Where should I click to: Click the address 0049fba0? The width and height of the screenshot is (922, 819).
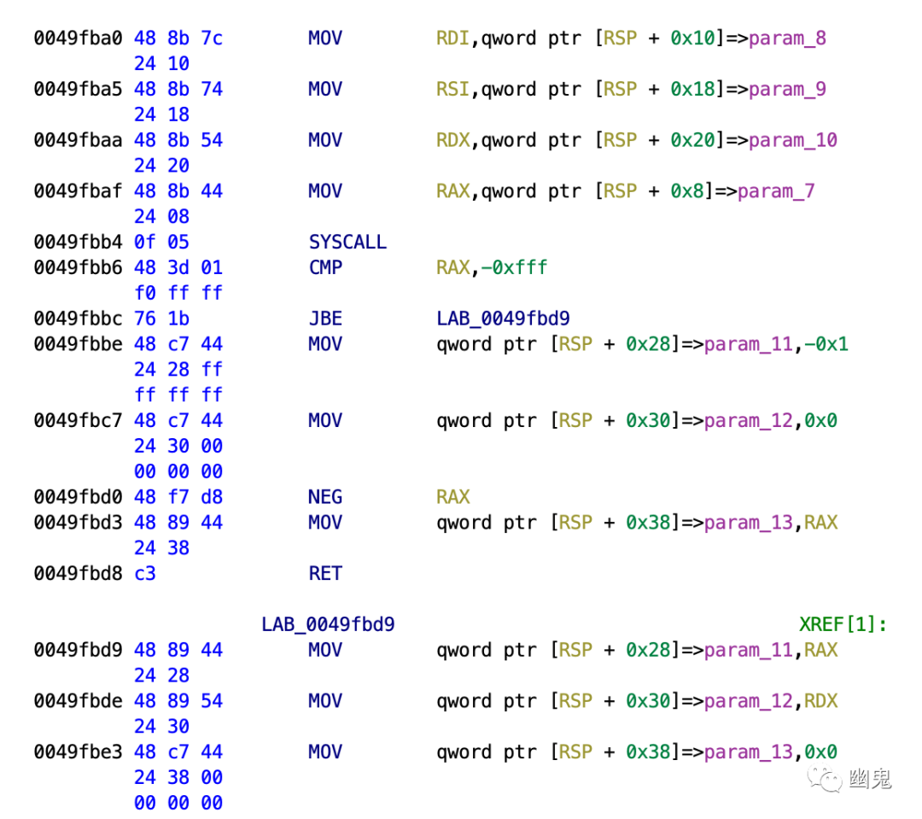pyautogui.click(x=79, y=38)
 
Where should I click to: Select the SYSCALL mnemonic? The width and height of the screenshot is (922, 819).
pyautogui.click(x=347, y=243)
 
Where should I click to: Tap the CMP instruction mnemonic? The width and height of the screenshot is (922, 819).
pyautogui.click(x=325, y=268)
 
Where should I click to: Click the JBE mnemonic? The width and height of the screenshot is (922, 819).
pyautogui.click(x=325, y=319)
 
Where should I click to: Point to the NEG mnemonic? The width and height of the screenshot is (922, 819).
pyautogui.click(x=325, y=497)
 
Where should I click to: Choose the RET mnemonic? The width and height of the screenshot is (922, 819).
pyautogui.click(x=325, y=574)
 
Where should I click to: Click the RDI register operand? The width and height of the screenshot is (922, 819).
pyautogui.click(x=452, y=38)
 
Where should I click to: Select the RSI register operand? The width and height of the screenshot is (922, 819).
pyautogui.click(x=452, y=90)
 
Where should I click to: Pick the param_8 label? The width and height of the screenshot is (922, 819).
pyautogui.click(x=787, y=38)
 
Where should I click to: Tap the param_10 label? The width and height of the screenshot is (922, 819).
pyautogui.click(x=793, y=141)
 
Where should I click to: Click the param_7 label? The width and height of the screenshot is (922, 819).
pyautogui.click(x=775, y=191)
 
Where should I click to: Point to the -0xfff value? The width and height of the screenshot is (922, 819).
pyautogui.click(x=513, y=268)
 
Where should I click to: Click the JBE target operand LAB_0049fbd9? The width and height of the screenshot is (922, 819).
pyautogui.click(x=503, y=319)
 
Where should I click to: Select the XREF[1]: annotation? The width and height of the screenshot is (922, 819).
pyautogui.click(x=843, y=624)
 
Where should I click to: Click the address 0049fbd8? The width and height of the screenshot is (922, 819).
pyautogui.click(x=79, y=574)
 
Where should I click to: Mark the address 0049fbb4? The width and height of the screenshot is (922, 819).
pyautogui.click(x=79, y=243)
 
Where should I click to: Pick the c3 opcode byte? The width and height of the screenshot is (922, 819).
pyautogui.click(x=145, y=574)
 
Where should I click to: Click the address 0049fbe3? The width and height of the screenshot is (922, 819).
pyautogui.click(x=79, y=752)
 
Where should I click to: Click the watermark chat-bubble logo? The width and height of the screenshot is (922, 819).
pyautogui.click(x=826, y=778)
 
